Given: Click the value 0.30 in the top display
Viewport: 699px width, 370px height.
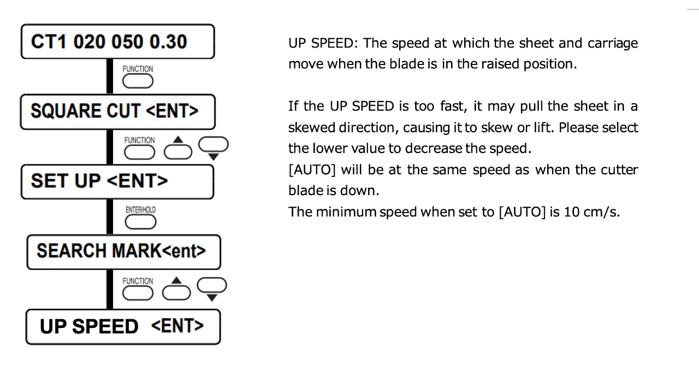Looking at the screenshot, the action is click(168, 42).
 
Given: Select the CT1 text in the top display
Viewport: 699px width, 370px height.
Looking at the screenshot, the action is click(49, 42).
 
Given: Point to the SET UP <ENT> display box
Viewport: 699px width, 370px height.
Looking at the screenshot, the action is click(117, 182).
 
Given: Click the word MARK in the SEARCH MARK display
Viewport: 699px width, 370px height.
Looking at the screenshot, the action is click(137, 251).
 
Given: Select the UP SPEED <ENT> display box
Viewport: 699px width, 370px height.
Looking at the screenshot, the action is click(123, 327).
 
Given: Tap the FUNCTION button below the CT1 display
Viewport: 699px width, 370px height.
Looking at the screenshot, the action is click(138, 82).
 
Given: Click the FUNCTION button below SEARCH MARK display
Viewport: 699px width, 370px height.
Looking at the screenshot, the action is click(138, 293).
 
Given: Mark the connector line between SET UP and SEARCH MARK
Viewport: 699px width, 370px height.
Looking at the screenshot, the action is click(110, 216).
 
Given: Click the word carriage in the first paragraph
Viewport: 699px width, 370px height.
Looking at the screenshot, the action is click(613, 44).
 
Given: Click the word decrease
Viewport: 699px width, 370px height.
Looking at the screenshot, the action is click(439, 148).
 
